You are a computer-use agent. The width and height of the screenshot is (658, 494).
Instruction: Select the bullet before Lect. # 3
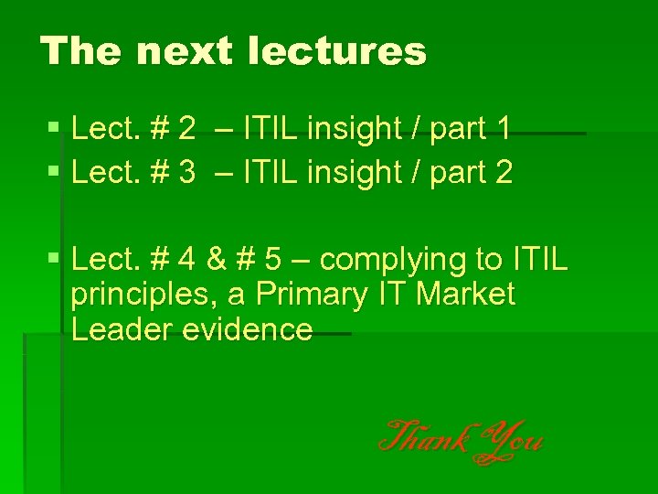click(53, 171)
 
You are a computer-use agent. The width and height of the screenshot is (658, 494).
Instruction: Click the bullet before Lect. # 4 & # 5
click(53, 261)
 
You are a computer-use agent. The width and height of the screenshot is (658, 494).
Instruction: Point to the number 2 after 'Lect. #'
click(186, 130)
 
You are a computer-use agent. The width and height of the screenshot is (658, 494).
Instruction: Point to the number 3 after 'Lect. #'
click(186, 171)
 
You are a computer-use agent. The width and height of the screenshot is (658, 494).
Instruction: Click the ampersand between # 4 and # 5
click(216, 261)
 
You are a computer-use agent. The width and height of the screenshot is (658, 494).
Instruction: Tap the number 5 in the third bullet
click(273, 261)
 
